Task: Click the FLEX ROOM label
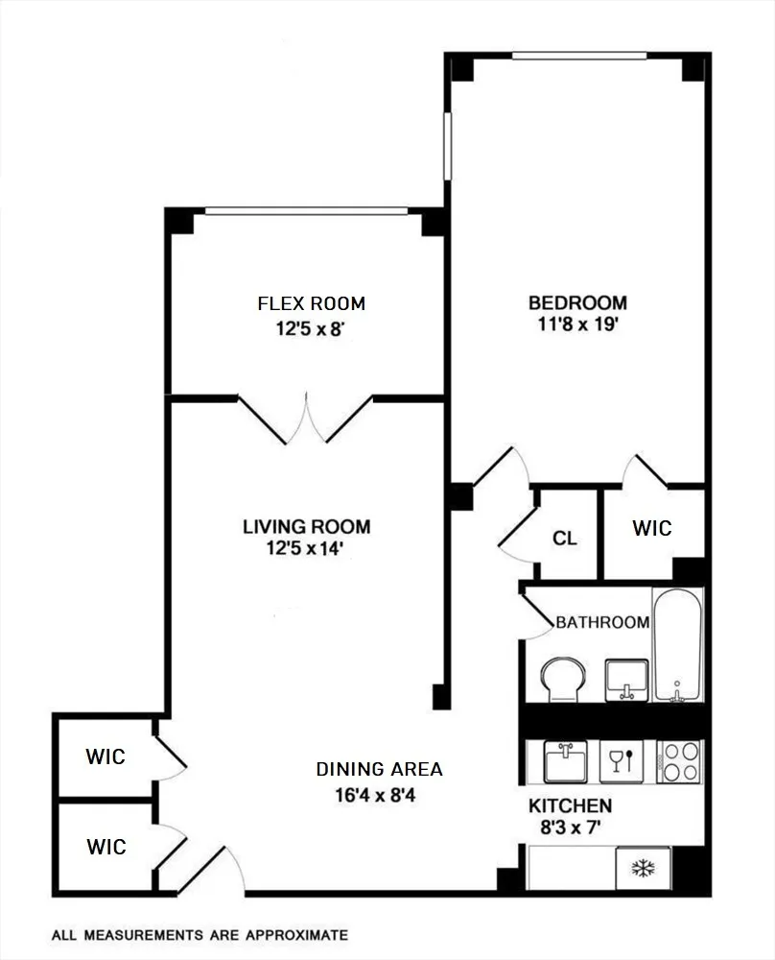(311, 304)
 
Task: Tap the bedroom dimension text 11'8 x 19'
(577, 324)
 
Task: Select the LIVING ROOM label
(305, 526)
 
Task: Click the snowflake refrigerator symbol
(640, 870)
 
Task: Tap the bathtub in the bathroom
(677, 645)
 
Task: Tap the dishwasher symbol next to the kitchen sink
(617, 762)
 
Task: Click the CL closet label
(565, 539)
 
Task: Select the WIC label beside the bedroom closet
(652, 528)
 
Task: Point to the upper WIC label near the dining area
(106, 756)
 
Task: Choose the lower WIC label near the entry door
(106, 847)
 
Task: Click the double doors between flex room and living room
(306, 420)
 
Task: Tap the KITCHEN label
(570, 805)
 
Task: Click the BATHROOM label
(602, 622)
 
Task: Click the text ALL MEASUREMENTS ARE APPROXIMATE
(200, 934)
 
